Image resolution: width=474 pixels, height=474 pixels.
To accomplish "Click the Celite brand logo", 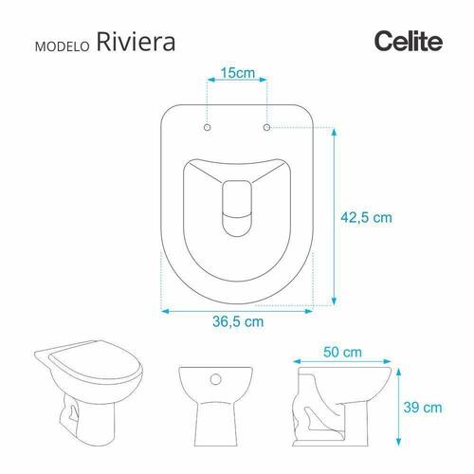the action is click(409, 42).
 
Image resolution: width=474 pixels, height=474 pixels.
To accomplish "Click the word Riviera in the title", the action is click(136, 42).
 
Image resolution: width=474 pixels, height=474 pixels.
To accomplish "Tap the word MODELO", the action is click(63, 46).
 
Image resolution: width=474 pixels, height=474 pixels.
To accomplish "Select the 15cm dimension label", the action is click(238, 73).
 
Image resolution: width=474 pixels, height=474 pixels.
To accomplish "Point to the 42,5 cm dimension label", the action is click(366, 218).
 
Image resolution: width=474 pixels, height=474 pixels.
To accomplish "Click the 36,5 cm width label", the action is click(238, 321).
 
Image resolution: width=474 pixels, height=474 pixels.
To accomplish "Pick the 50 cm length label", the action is click(342, 352).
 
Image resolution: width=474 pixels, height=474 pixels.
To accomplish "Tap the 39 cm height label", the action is click(423, 408).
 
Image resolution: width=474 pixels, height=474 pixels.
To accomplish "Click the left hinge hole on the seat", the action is click(208, 127).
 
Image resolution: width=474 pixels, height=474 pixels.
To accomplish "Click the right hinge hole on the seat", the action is click(266, 127).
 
